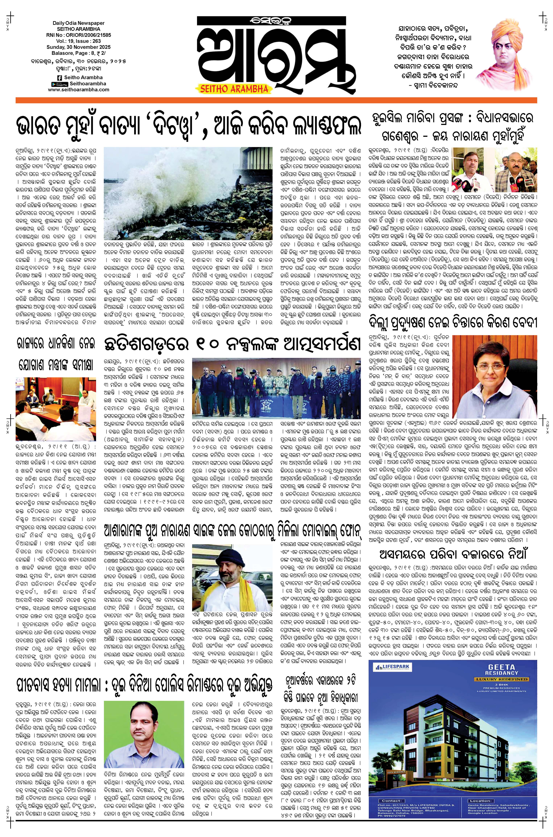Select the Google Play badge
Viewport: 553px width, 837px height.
click(60, 84)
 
